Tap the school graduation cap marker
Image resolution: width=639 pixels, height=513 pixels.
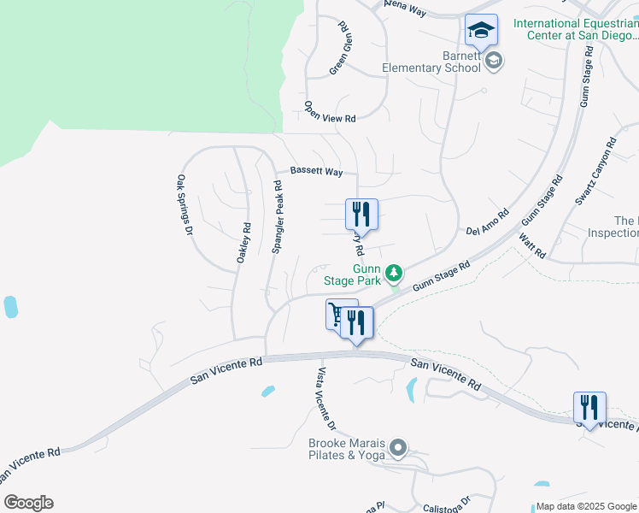(x=481, y=31)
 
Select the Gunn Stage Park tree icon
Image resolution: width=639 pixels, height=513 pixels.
(x=394, y=274)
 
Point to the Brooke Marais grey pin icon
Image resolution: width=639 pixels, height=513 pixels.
(x=397, y=448)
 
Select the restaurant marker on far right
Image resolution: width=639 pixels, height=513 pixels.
(x=589, y=408)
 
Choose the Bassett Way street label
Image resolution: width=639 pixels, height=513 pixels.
(x=316, y=172)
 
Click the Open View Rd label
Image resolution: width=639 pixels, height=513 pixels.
(x=330, y=112)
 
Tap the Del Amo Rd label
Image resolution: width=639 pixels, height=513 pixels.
(x=488, y=223)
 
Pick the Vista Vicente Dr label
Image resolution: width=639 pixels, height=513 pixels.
(x=326, y=398)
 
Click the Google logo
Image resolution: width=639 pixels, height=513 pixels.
(x=28, y=503)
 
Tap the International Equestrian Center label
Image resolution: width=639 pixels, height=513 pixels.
(x=575, y=29)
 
